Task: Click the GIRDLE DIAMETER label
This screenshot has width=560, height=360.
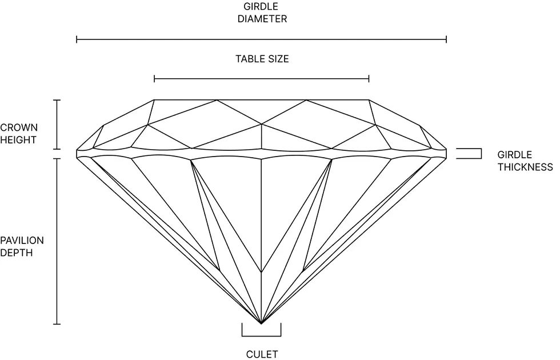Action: (x=262, y=13)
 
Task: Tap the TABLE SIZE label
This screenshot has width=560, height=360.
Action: (x=262, y=59)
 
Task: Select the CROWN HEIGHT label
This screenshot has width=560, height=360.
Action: (x=18, y=134)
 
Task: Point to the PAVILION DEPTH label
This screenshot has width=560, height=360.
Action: (x=22, y=246)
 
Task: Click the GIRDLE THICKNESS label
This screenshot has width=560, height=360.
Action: (x=525, y=161)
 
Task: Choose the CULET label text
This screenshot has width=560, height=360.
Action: (x=262, y=354)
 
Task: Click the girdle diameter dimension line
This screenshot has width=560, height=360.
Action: (x=262, y=39)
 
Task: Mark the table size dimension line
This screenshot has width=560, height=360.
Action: (x=262, y=79)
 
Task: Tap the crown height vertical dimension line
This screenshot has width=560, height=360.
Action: (x=57, y=125)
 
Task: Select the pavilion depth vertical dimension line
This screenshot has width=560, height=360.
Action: (x=57, y=241)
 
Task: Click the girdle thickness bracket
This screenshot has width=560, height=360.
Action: (x=469, y=154)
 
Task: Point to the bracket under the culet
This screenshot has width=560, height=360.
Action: (x=262, y=330)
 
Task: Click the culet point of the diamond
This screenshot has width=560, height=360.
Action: (x=262, y=323)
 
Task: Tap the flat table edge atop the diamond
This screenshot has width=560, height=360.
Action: (x=262, y=100)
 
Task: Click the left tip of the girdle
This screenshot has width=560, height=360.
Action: (x=77, y=154)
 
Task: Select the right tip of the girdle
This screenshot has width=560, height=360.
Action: (x=446, y=154)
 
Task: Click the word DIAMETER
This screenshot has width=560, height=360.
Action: (x=262, y=18)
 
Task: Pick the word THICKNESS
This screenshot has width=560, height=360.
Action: (x=525, y=167)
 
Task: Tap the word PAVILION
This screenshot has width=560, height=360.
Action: (x=22, y=241)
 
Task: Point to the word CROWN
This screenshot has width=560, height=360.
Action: (x=18, y=127)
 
